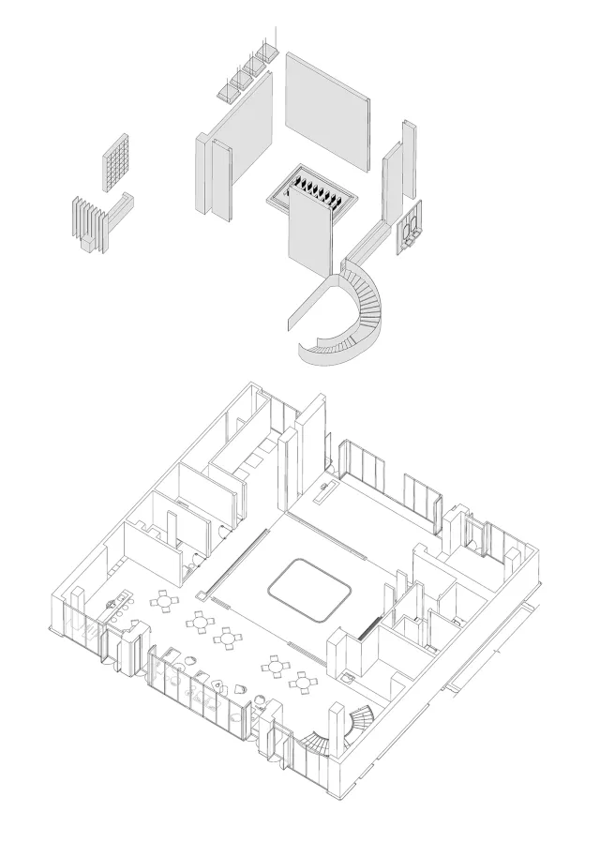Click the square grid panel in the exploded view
[x=115, y=162]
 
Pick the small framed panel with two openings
[x=410, y=228]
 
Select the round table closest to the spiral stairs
[x=302, y=682]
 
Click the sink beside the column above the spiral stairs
[x=348, y=674]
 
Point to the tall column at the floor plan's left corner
[x=79, y=609]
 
